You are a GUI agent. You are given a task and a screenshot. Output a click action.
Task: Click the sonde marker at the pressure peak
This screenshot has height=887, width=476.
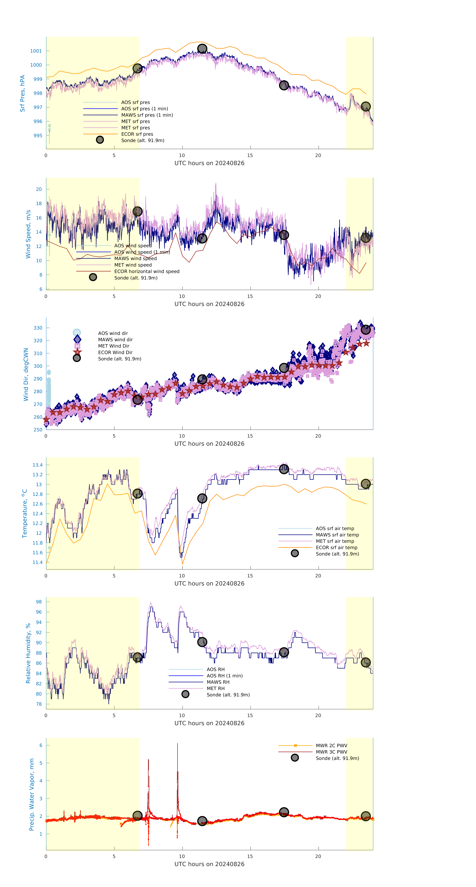[202, 49]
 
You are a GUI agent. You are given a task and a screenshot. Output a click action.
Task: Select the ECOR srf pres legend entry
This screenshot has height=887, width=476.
[137, 134]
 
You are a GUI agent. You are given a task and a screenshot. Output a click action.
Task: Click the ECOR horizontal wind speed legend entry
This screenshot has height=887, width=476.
[147, 271]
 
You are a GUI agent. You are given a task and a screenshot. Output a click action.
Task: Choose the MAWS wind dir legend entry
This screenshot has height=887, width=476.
[115, 339]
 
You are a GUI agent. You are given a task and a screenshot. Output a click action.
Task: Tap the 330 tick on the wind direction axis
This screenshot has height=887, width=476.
[38, 328]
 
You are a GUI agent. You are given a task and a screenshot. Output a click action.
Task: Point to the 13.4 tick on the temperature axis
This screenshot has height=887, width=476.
[37, 465]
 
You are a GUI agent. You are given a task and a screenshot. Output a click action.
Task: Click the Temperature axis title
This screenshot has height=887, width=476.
[24, 513]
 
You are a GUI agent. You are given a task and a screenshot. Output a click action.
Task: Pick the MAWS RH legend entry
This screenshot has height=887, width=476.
[218, 682]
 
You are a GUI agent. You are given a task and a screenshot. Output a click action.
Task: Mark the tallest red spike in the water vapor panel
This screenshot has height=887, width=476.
[178, 744]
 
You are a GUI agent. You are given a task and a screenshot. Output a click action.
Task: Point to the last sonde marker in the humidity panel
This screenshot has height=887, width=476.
[365, 662]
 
